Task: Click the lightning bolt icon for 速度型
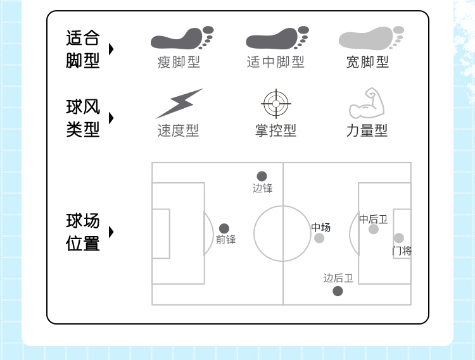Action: (179, 103)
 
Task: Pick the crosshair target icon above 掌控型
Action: (276, 103)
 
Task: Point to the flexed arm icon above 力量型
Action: (367, 104)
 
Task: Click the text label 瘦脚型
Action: (179, 62)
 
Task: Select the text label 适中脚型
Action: (275, 62)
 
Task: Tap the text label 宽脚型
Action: (367, 62)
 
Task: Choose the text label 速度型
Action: (178, 130)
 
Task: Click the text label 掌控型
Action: (275, 130)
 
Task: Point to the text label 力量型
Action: (367, 130)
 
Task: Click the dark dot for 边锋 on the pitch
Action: (262, 177)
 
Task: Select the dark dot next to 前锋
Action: (224, 228)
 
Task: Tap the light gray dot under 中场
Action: (319, 238)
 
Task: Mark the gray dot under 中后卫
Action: (374, 229)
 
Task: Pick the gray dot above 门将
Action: (398, 238)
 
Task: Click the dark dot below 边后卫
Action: (338, 291)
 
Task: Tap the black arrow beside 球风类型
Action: (111, 118)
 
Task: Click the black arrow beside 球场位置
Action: (111, 232)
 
